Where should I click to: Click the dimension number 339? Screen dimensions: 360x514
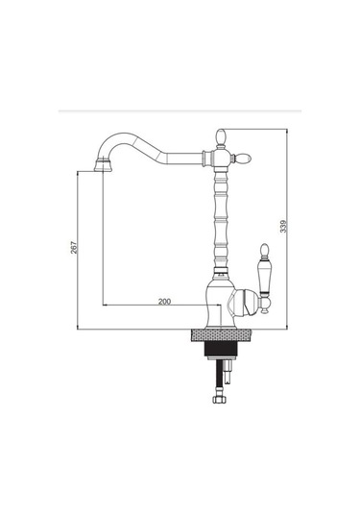pos(283,226)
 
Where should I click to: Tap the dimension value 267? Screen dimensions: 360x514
pos(74,248)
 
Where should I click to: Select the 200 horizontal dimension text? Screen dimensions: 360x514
pos(164,302)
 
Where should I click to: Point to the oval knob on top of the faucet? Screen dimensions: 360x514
pos(221,137)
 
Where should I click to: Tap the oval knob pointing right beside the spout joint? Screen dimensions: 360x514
pos(243,159)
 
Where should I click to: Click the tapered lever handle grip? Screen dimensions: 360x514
pos(264,276)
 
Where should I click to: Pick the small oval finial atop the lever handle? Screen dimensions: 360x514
pos(264,250)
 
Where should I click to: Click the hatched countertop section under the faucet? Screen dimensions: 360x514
pos(222,335)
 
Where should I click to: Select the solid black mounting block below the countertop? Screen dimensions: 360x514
pos(221,349)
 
